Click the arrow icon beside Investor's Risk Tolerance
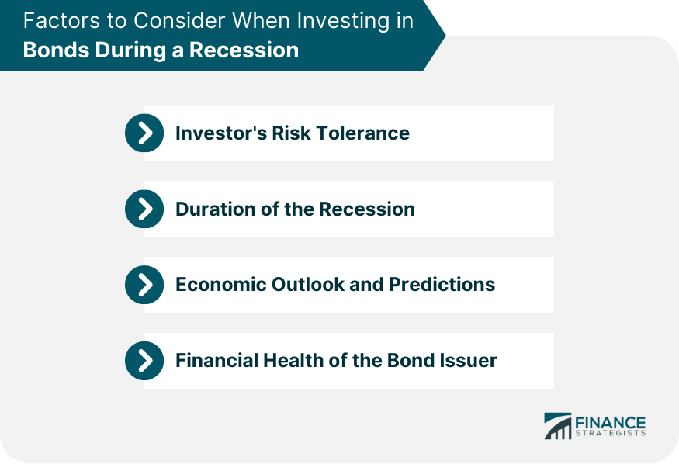(144, 133)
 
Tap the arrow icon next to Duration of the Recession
(144, 209)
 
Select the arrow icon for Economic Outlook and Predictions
(144, 285)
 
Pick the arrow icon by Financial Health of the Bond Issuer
(144, 361)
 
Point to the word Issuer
(469, 361)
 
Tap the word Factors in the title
(55, 21)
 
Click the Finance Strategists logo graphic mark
(557, 426)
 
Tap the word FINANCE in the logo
(610, 422)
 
